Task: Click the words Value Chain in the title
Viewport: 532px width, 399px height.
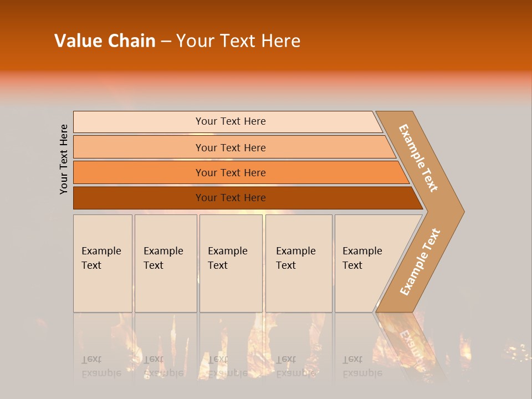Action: pyautogui.click(x=105, y=41)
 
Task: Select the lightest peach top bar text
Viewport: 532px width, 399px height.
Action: pyautogui.click(x=231, y=121)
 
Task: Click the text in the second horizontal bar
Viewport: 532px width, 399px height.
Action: pyautogui.click(x=231, y=148)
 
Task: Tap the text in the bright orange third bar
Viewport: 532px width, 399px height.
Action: pyautogui.click(x=231, y=173)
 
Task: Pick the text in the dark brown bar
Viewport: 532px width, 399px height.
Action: pyautogui.click(x=231, y=198)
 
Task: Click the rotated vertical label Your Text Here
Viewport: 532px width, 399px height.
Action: pyautogui.click(x=64, y=159)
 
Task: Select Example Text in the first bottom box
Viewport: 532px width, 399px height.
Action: pyautogui.click(x=101, y=258)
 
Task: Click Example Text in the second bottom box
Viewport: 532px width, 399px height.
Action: pyautogui.click(x=163, y=258)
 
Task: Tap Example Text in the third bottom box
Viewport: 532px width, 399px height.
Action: pyautogui.click(x=227, y=258)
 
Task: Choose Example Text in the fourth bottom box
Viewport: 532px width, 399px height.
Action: pyautogui.click(x=295, y=258)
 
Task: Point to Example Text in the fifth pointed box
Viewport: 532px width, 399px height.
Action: pyautogui.click(x=362, y=258)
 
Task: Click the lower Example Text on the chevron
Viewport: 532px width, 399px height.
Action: pyautogui.click(x=420, y=262)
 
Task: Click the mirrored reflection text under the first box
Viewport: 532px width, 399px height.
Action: pyautogui.click(x=101, y=366)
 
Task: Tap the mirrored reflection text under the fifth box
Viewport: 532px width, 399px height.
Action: pyautogui.click(x=362, y=366)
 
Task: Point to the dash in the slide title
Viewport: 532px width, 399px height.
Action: pyautogui.click(x=166, y=42)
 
